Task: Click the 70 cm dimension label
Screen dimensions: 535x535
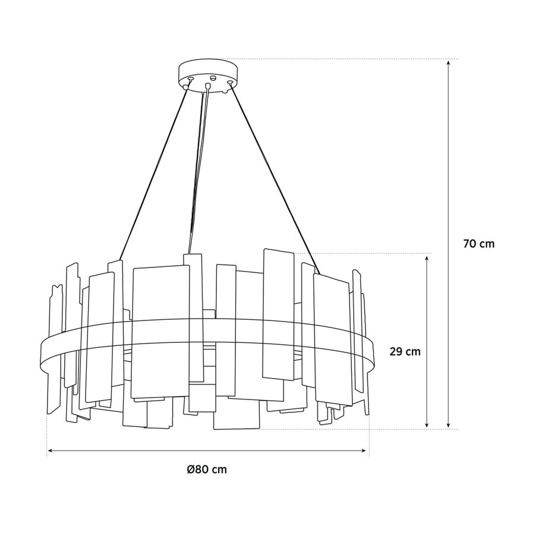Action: coord(478,244)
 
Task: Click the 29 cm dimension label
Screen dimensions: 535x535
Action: coord(405,351)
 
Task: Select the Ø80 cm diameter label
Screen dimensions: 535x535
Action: coord(206,470)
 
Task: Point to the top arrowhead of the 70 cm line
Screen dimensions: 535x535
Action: coord(448,62)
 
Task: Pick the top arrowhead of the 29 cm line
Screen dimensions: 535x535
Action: coord(427,258)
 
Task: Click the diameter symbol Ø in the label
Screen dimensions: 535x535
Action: coord(190,470)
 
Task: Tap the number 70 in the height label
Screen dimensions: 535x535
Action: coord(469,244)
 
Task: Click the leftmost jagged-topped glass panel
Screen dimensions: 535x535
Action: coord(55,351)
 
